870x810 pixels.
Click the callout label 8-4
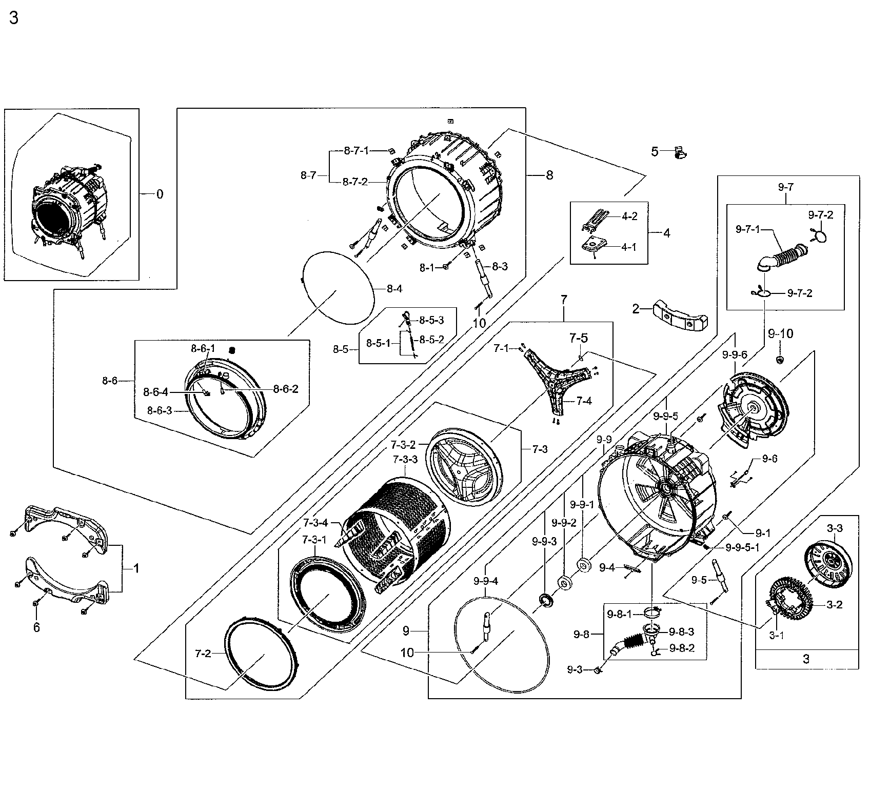coord(394,289)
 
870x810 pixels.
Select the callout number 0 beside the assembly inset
coord(160,194)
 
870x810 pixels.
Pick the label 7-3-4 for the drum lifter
coord(315,523)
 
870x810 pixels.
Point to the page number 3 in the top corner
coord(14,18)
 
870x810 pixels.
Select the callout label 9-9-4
coord(486,581)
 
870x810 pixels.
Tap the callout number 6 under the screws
coord(36,627)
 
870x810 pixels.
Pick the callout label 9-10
coord(780,334)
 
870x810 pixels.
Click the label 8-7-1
coord(356,151)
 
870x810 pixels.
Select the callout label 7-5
coord(578,338)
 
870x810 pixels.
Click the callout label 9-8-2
coord(682,648)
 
